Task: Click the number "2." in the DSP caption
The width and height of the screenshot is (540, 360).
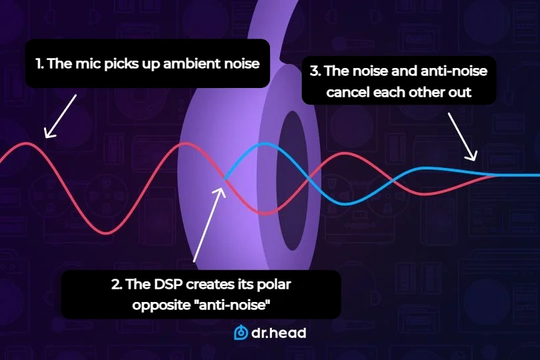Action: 117,285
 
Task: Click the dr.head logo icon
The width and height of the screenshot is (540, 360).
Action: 241,333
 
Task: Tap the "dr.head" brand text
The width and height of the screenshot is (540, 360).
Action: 279,333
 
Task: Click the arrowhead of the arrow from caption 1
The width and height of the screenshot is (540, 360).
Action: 47,136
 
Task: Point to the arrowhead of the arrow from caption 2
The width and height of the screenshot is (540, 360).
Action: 219,173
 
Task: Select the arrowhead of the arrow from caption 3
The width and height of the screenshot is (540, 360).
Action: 474,159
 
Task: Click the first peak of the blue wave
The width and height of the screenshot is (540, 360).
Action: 265,143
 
